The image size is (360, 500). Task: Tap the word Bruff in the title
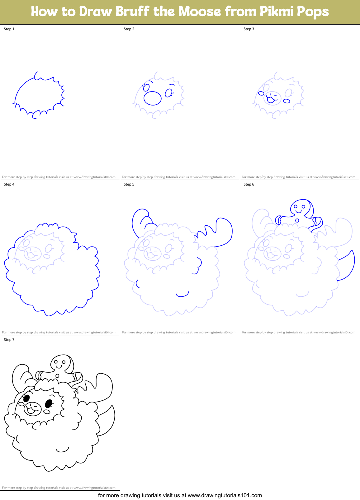tap(132, 12)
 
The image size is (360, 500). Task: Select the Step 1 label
tap(9, 29)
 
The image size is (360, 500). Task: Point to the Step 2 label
tap(129, 29)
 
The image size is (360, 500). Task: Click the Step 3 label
tap(249, 29)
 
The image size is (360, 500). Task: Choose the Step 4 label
tap(9, 184)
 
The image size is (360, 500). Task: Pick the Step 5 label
tap(129, 184)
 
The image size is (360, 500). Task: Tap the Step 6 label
tap(249, 184)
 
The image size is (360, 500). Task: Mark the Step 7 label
tap(9, 340)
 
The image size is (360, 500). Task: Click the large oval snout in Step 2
tap(152, 98)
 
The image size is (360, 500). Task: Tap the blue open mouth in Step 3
tap(271, 99)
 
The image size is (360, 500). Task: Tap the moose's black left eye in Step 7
tap(26, 398)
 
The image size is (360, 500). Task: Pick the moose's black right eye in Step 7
tap(49, 404)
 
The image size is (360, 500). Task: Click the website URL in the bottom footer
tap(225, 495)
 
